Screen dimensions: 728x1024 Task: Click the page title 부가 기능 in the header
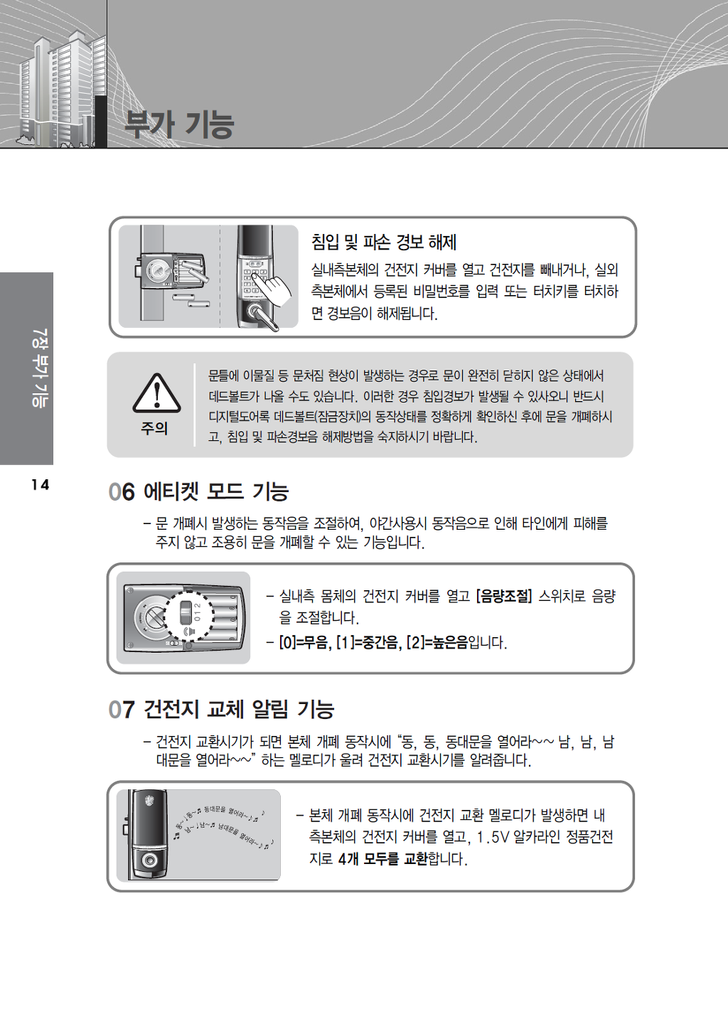click(179, 124)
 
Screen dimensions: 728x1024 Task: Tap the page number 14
click(41, 484)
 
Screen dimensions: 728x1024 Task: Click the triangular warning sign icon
click(156, 393)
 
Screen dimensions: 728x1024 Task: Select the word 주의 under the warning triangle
click(154, 428)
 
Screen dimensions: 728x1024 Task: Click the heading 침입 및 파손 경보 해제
click(384, 242)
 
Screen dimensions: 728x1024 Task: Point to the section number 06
click(122, 492)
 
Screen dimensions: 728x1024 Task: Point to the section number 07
click(122, 710)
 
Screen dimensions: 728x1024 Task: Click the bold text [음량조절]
click(504, 596)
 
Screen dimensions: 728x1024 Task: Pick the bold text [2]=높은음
click(437, 643)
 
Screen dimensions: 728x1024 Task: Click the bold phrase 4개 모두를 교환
click(382, 859)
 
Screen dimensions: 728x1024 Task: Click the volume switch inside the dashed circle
click(185, 612)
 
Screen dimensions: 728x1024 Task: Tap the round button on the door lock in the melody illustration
click(149, 860)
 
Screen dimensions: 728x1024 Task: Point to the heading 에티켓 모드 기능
click(216, 492)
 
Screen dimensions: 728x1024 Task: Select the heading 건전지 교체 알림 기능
click(239, 710)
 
